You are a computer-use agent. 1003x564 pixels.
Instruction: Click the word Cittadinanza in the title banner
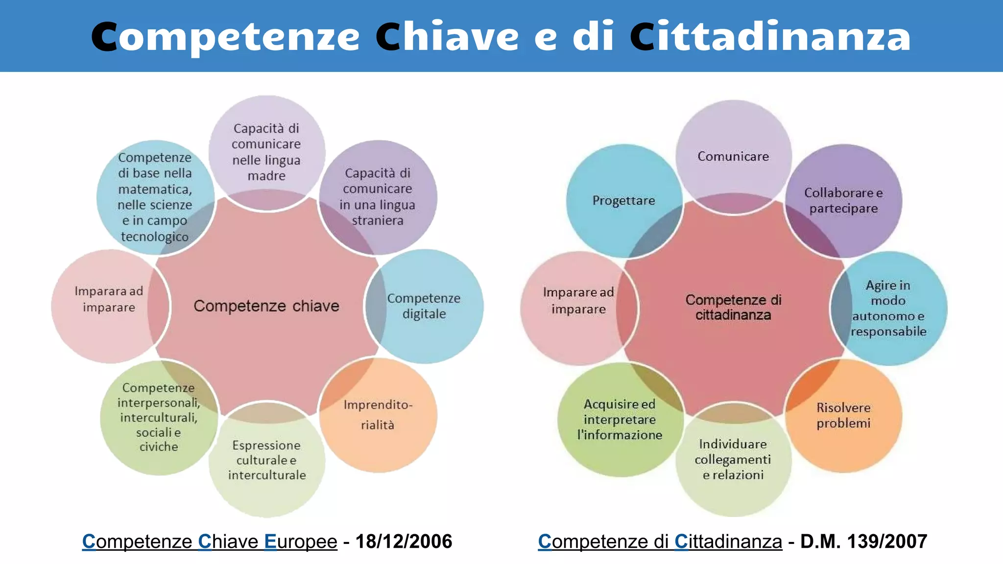pyautogui.click(x=770, y=37)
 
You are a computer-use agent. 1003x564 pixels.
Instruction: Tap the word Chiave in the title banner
pyautogui.click(x=447, y=37)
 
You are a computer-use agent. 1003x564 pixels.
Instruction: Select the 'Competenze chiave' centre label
pyautogui.click(x=266, y=306)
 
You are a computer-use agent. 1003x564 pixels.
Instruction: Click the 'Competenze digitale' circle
pyautogui.click(x=425, y=306)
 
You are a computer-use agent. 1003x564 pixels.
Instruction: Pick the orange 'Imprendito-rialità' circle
pyautogui.click(x=378, y=415)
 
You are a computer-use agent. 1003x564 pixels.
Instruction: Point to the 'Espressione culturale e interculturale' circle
pyautogui.click(x=267, y=460)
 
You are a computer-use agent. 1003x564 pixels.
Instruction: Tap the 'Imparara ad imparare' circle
pyautogui.click(x=109, y=300)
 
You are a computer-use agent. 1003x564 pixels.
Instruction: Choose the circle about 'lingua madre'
pyautogui.click(x=267, y=152)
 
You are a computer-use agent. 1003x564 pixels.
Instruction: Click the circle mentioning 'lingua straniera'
pyautogui.click(x=378, y=197)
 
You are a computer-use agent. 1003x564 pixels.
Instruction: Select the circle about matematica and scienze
pyautogui.click(x=155, y=197)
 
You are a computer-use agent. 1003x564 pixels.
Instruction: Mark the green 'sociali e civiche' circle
pyautogui.click(x=159, y=417)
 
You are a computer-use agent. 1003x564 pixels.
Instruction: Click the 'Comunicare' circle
pyautogui.click(x=733, y=157)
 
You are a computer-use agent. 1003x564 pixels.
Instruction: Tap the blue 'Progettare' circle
pyautogui.click(x=624, y=201)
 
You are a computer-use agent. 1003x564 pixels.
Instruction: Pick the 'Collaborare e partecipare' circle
pyautogui.click(x=843, y=201)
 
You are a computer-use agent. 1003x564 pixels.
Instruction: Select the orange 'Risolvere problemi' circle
pyautogui.click(x=843, y=415)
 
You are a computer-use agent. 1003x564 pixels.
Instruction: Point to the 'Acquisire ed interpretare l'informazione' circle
pyautogui.click(x=620, y=420)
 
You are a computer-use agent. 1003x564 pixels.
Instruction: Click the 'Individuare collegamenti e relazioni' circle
pyautogui.click(x=733, y=459)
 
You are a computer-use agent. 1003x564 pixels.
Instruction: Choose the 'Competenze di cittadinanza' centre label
pyautogui.click(x=733, y=307)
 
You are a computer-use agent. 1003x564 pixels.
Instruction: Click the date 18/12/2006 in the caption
pyautogui.click(x=404, y=541)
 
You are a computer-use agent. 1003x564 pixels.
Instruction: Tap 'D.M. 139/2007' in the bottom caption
pyautogui.click(x=863, y=541)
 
